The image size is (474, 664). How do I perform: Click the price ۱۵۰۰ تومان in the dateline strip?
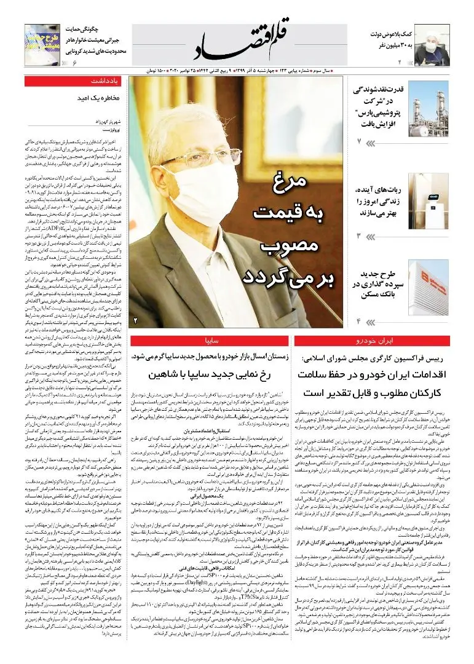tap(154, 71)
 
